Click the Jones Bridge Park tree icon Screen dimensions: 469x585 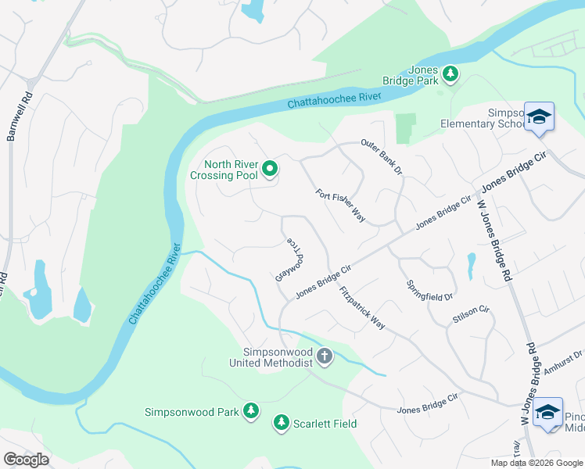tap(450, 73)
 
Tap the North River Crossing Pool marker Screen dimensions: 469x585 tap(270, 168)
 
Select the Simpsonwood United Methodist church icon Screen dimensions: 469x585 tap(325, 357)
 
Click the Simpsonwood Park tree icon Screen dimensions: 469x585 tap(250, 410)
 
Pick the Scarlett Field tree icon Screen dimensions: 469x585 tap(281, 423)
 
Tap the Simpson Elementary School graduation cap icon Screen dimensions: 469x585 tap(539, 118)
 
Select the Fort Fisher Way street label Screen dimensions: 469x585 tap(341, 206)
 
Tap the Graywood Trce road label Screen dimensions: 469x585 tap(289, 260)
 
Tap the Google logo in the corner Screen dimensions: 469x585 tap(27, 460)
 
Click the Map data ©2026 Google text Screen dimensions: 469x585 tap(536, 463)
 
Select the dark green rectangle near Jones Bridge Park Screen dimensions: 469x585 tap(405, 129)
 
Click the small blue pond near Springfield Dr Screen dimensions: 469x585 tap(470, 266)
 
